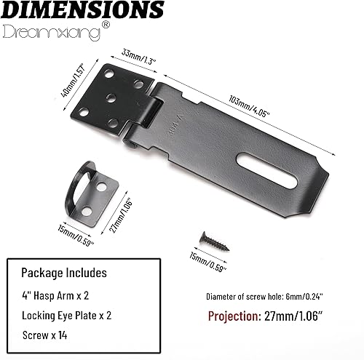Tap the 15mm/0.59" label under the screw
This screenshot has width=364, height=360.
[x=207, y=259]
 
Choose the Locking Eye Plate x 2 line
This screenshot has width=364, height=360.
[x=74, y=317]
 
